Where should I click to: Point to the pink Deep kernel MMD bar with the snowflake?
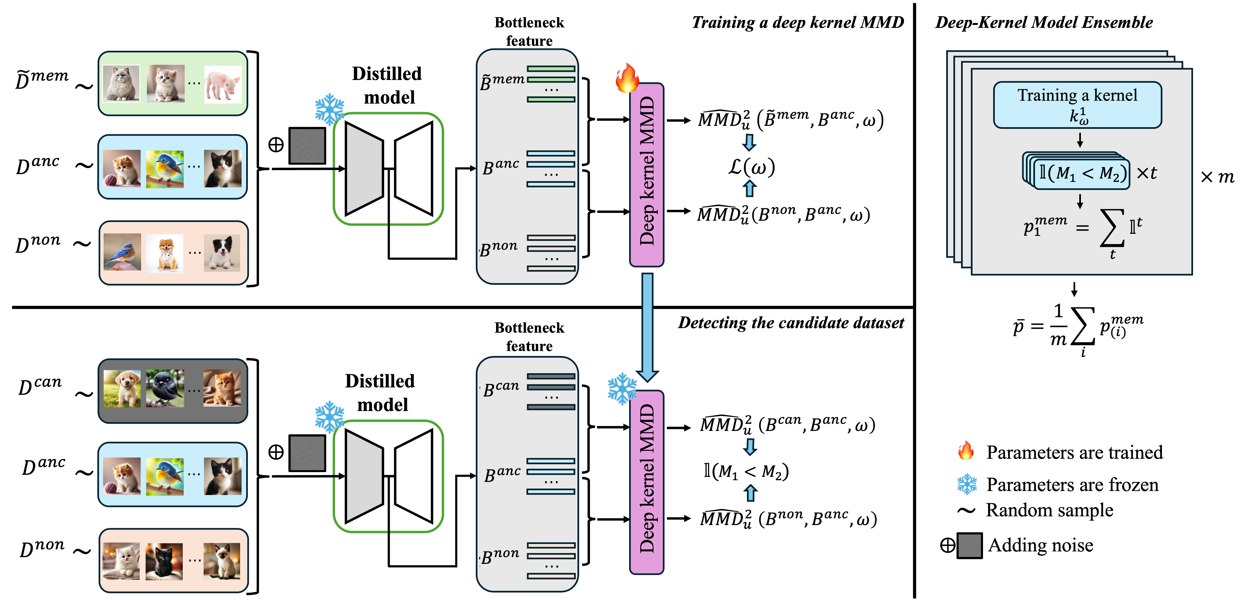[647, 482]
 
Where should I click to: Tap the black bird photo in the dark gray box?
[165, 388]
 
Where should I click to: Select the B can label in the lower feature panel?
[501, 389]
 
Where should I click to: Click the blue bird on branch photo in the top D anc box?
[165, 168]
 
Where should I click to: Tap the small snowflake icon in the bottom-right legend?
[967, 484]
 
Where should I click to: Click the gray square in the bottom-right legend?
[969, 546]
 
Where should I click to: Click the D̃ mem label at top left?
[42, 79]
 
